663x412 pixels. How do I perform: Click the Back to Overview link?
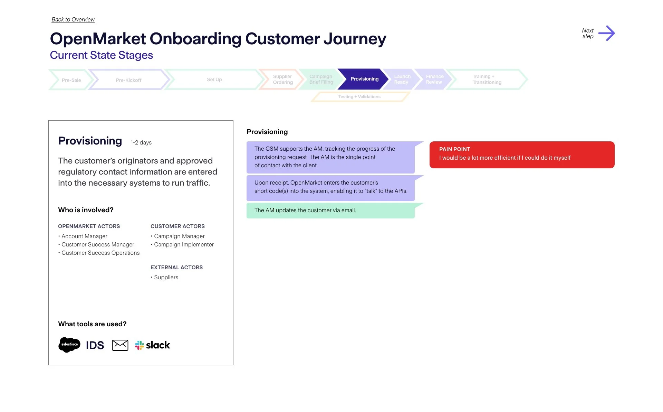[73, 20]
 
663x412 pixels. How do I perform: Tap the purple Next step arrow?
[606, 33]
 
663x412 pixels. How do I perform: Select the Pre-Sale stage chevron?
[71, 80]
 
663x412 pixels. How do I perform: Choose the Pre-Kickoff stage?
[128, 80]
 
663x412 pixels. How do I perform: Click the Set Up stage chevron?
[214, 79]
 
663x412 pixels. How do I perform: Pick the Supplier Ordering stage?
[282, 79]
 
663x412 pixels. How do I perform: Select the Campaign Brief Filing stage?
[321, 79]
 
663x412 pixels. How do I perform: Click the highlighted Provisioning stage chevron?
[364, 79]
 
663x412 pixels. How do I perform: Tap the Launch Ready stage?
[402, 79]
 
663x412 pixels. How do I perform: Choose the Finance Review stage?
[434, 79]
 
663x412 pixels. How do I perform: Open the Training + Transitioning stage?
[487, 79]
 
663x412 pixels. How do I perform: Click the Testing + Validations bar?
[359, 97]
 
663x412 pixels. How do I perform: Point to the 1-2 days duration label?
[141, 143]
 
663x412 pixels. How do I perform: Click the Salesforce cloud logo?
[69, 345]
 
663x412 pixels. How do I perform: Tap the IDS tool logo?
[95, 345]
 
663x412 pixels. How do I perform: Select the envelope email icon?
[120, 345]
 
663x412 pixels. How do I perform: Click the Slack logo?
[153, 345]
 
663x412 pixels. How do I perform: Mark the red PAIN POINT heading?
[454, 149]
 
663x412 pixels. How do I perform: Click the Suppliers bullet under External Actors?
[166, 278]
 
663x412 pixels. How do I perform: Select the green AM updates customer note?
[330, 210]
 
